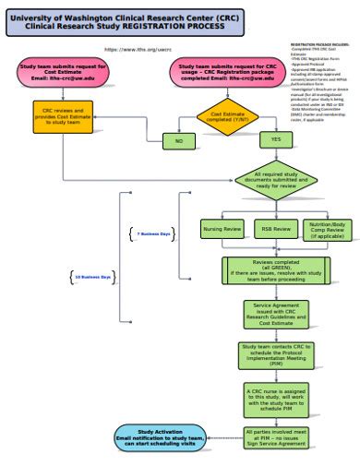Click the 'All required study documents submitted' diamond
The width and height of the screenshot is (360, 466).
click(x=275, y=179)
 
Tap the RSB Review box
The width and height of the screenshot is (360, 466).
click(x=274, y=228)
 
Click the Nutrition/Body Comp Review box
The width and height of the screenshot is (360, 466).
click(x=327, y=228)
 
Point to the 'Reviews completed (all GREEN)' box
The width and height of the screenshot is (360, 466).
click(x=274, y=269)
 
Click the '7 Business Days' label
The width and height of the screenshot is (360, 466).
click(x=153, y=234)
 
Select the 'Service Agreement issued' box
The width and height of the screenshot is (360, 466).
click(x=274, y=314)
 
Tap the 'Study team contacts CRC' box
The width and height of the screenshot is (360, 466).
click(x=274, y=355)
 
